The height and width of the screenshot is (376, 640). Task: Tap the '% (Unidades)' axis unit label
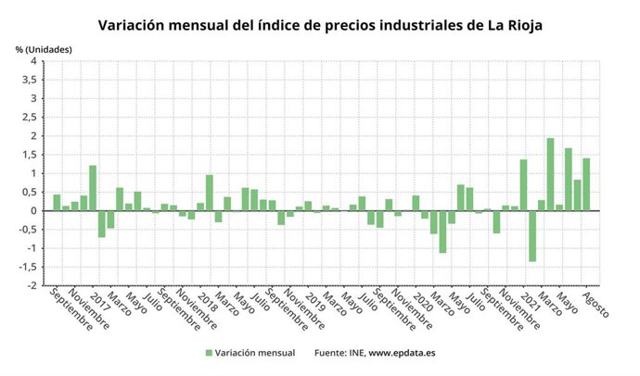(44, 48)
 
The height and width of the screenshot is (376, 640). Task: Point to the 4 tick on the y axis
(33, 61)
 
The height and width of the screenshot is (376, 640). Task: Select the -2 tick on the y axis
(32, 285)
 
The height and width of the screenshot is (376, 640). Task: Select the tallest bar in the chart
(550, 174)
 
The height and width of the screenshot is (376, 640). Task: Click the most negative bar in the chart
(532, 236)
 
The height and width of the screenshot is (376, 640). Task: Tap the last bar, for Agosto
(586, 184)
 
